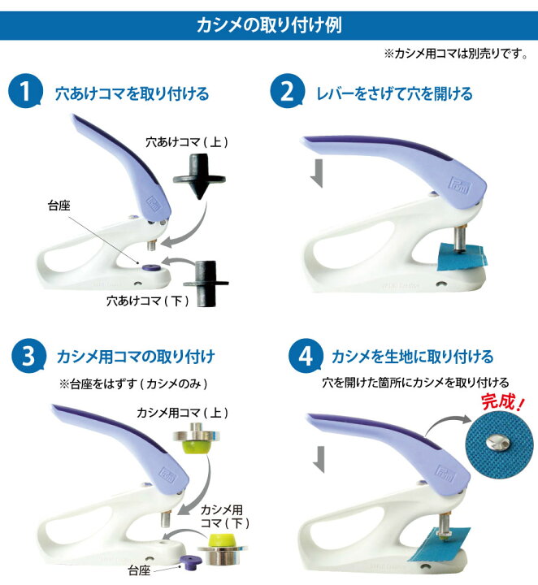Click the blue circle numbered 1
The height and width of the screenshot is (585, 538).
pos(25,91)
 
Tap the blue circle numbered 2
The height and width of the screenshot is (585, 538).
pos(288,91)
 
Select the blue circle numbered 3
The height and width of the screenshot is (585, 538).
pos(28,356)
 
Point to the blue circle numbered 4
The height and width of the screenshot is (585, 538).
pos(306,356)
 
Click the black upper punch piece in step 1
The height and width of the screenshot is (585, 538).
pos(199,177)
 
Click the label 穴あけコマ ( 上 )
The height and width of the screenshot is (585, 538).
pos(187,142)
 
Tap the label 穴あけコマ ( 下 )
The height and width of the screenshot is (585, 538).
pos(148,301)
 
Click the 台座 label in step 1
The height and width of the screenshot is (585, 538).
pos(59,206)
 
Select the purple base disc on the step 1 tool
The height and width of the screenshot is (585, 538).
pos(150,267)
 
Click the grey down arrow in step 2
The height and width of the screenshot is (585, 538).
pos(317,173)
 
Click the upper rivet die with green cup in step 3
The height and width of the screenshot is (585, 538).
pos(196,438)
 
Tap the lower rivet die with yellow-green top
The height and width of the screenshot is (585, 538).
pos(222,548)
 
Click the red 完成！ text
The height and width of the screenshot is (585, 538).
pos(503,402)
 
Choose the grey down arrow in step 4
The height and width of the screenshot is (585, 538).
pos(319,460)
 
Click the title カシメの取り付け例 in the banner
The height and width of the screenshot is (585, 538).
pos(269,25)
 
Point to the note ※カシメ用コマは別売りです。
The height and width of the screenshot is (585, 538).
pos(456,54)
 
